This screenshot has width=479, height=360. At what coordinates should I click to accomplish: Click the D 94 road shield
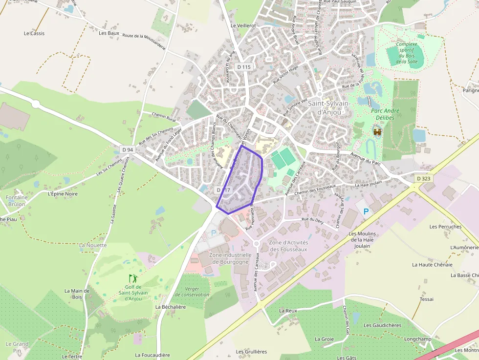128,149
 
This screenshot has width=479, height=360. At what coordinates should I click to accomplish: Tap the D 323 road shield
424,179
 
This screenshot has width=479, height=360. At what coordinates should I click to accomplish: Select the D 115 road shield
243,67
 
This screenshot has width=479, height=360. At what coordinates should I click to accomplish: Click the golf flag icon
132,278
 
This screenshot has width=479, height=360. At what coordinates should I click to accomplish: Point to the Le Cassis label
34,33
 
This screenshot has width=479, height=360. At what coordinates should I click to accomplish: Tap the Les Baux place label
109,33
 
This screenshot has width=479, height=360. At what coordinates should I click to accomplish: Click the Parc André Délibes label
385,114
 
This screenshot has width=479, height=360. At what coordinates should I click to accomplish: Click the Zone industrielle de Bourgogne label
230,258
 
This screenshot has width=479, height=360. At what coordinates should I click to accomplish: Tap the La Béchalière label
171,307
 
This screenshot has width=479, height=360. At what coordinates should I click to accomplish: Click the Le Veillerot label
243,25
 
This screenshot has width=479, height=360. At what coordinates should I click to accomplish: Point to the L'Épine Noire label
63,193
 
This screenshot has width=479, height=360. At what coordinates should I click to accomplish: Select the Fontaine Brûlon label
17,201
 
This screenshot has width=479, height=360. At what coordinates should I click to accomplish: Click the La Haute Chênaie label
432,265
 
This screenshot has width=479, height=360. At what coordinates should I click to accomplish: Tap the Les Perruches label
445,227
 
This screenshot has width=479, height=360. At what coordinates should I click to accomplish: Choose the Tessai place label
426,299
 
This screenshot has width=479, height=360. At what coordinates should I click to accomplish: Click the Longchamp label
418,339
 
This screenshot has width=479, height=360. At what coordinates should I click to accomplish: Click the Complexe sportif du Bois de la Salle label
407,53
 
